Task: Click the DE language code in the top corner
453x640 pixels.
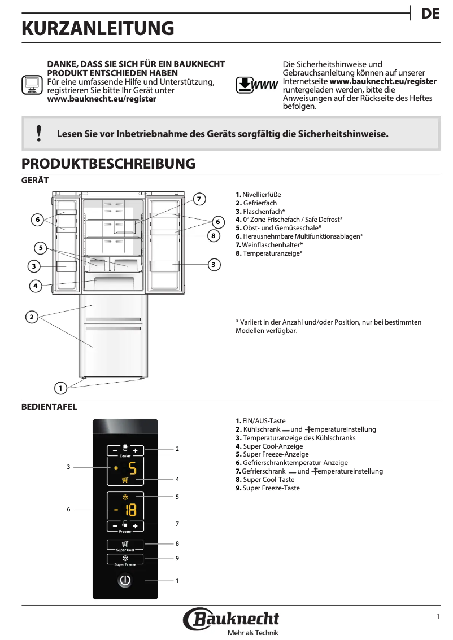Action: coord(430,15)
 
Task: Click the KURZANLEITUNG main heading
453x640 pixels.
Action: coord(98,29)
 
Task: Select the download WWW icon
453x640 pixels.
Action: coord(256,85)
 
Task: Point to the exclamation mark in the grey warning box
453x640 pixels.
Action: coord(38,133)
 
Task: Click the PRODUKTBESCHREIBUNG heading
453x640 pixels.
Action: coord(108,164)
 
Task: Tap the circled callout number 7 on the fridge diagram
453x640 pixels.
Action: coord(198,199)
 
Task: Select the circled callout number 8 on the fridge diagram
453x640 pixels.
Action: coord(213,235)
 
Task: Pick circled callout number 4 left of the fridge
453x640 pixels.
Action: coord(35,286)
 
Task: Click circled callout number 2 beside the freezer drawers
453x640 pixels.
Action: coord(32,317)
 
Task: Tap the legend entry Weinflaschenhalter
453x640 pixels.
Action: coord(269,244)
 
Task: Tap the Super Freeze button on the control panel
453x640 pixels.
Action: coord(125,560)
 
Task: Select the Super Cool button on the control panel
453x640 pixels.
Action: coord(125,545)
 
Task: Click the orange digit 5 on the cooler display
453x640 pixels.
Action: coord(132,468)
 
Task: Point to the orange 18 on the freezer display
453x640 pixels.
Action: coord(130,510)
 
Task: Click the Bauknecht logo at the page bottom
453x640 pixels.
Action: coord(231,620)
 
